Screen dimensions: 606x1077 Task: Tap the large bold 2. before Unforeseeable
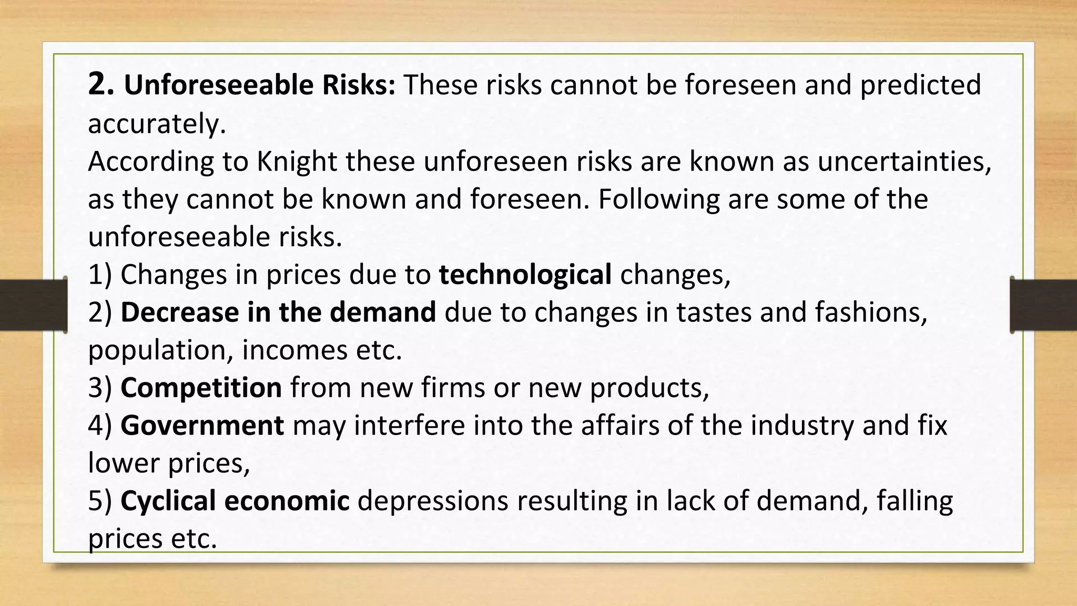pos(100,84)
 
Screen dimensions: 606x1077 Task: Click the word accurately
pos(157,124)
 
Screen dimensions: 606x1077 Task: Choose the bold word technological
pos(525,274)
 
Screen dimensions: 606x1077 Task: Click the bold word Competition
pos(201,388)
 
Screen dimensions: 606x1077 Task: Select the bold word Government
pos(202,425)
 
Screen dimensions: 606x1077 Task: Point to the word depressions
pos(433,501)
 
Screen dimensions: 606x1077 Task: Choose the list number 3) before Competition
pos(100,388)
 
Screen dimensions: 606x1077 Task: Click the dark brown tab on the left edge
pos(33,305)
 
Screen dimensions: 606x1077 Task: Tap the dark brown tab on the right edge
pos(1043,305)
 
